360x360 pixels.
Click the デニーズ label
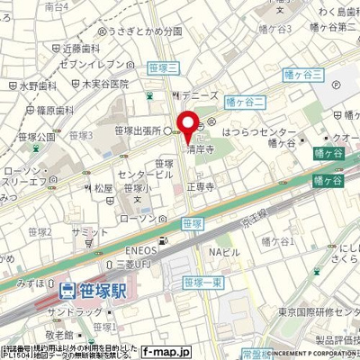193,93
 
